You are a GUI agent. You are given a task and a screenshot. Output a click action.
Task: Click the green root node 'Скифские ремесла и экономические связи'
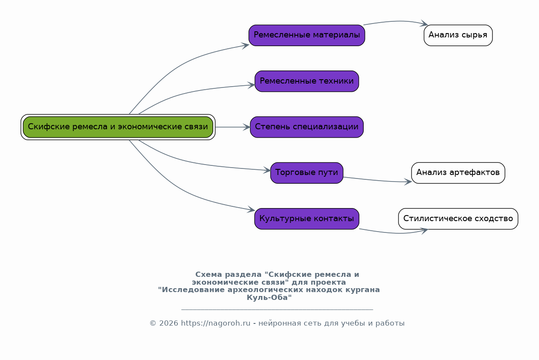click(118, 127)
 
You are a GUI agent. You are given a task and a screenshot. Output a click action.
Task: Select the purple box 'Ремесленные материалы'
click(307, 35)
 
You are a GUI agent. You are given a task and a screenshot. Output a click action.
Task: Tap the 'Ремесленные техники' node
click(307, 81)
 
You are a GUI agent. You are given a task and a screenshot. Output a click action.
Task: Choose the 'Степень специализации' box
click(307, 127)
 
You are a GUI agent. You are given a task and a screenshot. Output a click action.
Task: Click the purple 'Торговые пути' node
click(307, 173)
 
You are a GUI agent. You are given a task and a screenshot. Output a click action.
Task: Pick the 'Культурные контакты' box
click(307, 219)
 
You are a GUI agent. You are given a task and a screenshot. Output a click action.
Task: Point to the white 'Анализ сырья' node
click(458, 35)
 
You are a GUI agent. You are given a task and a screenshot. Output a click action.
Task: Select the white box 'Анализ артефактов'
click(458, 173)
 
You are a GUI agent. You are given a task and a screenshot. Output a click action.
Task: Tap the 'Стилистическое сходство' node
click(458, 219)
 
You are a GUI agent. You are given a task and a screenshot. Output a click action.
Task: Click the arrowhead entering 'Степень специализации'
click(247, 127)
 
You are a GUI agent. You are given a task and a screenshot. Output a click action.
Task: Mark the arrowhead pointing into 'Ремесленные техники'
click(252, 85)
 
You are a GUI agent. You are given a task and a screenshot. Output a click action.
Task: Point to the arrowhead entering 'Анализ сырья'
click(424, 24)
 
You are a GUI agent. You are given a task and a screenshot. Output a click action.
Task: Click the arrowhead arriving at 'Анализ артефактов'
click(408, 182)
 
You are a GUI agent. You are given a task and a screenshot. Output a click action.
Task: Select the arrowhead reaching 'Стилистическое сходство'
click(424, 231)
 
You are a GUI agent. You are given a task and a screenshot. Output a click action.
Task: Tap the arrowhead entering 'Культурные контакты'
click(251, 210)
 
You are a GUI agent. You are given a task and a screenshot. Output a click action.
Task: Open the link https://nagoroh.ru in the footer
click(216, 323)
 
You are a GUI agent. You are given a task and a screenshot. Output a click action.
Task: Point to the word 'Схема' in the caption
click(209, 275)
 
